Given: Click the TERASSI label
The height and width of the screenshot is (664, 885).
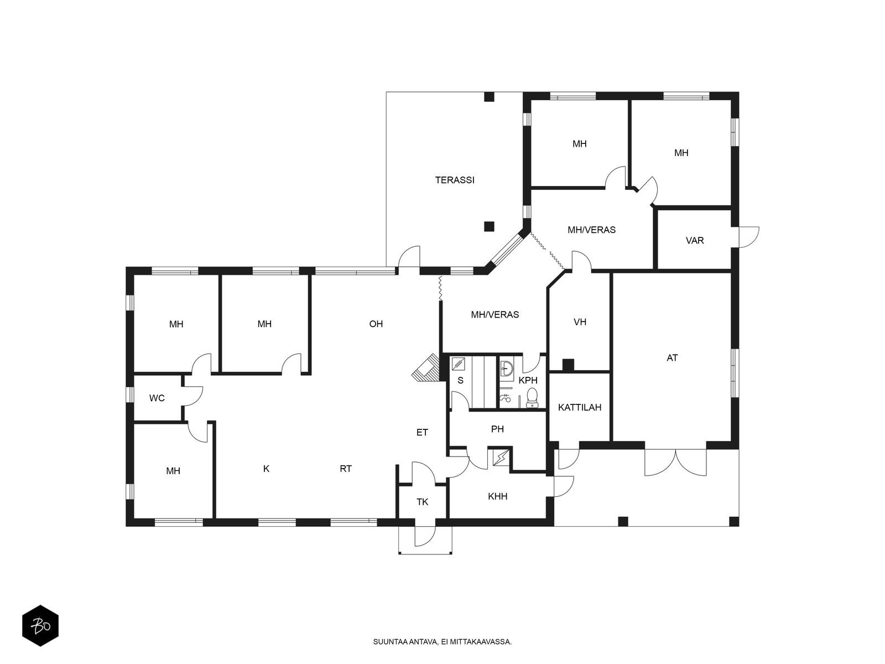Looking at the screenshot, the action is (x=455, y=180).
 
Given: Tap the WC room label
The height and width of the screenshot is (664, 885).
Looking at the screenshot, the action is (x=157, y=398).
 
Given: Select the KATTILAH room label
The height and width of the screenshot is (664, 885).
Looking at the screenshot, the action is (x=579, y=407).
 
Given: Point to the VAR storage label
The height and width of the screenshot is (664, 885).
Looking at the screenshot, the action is (x=695, y=241).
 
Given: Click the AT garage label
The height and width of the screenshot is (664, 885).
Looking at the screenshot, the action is (x=672, y=357).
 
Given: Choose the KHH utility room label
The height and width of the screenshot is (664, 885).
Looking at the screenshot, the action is (x=497, y=496).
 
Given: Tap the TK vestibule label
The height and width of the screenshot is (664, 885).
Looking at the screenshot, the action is (x=422, y=502).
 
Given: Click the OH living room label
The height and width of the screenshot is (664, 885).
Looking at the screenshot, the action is (x=376, y=324).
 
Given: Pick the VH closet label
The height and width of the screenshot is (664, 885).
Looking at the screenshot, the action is (x=580, y=321).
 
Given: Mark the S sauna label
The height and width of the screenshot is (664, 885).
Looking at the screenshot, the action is (x=460, y=380).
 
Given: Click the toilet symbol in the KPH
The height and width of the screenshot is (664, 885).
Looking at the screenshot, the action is (x=532, y=397).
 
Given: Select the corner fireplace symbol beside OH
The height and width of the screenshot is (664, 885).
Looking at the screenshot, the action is (x=426, y=368).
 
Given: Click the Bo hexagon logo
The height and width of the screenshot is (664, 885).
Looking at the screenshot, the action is (x=40, y=626).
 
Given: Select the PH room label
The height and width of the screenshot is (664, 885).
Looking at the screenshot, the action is (x=497, y=429).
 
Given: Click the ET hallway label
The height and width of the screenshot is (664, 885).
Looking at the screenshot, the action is (x=422, y=433).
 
